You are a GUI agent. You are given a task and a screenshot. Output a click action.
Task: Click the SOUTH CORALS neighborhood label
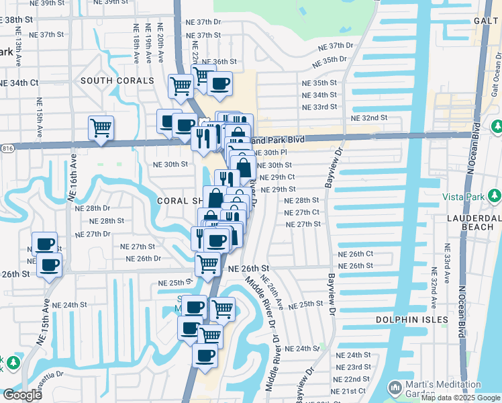tap(117, 81)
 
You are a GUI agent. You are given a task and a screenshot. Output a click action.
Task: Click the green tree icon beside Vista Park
tap(495, 195)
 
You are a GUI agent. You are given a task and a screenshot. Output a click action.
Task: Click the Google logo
tap(22, 394)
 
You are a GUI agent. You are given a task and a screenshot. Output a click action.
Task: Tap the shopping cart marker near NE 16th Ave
tap(101, 126)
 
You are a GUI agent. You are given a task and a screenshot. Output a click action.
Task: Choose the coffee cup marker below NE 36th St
tap(219, 84)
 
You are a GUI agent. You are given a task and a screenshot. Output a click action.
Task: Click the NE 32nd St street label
tap(370, 118)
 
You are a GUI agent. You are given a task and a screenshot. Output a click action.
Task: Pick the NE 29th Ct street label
tap(277, 177)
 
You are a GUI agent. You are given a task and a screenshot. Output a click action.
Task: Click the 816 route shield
tap(5, 147)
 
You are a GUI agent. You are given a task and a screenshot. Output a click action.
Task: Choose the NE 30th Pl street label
tap(273, 152)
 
